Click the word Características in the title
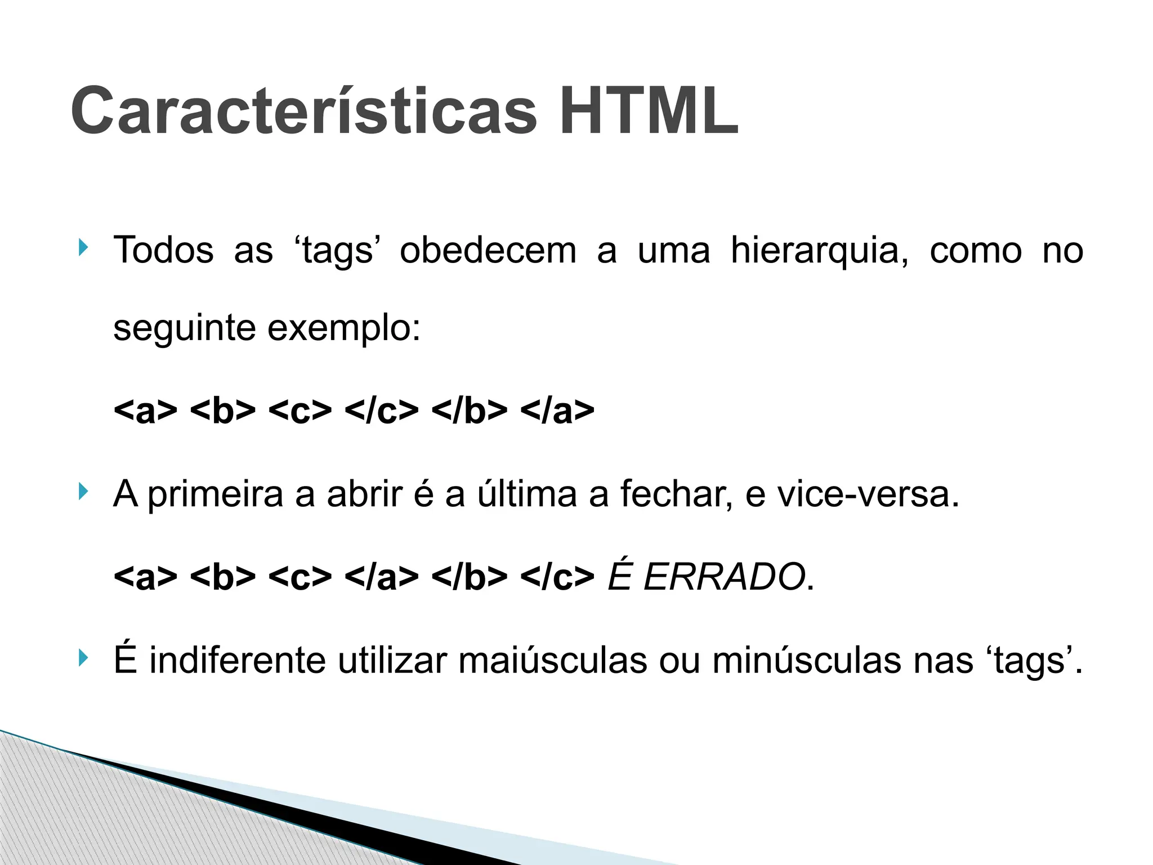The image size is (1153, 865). [304, 111]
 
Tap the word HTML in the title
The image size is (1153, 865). [649, 111]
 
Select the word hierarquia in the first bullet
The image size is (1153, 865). [819, 251]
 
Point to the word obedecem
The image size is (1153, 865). [488, 251]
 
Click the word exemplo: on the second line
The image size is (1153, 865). [343, 328]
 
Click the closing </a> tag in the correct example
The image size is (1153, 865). [557, 411]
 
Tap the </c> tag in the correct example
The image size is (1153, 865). [381, 411]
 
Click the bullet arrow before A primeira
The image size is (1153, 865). [83, 492]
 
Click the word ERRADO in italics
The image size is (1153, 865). [724, 577]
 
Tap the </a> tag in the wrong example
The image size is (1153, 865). [381, 577]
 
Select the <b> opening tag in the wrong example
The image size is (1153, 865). [223, 577]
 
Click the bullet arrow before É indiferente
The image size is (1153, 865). [83, 657]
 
